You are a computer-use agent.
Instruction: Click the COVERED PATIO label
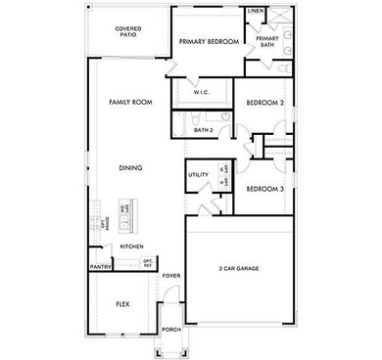(x=128, y=32)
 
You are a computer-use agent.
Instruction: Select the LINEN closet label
(x=256, y=11)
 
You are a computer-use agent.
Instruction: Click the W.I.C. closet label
(x=201, y=92)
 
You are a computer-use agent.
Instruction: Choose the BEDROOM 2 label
(x=264, y=103)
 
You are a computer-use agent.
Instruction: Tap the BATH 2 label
(x=203, y=129)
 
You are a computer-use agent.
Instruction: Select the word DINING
(x=131, y=167)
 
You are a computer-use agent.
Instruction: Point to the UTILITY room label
(x=197, y=175)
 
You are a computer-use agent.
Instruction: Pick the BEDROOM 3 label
(x=264, y=189)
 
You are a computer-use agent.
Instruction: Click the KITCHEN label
(x=132, y=246)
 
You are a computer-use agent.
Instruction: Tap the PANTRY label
(x=99, y=266)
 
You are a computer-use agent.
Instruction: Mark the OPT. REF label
(x=148, y=262)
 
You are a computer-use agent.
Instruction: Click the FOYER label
(x=171, y=277)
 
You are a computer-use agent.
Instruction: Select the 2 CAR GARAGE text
(x=239, y=267)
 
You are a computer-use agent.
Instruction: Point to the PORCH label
(x=171, y=330)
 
